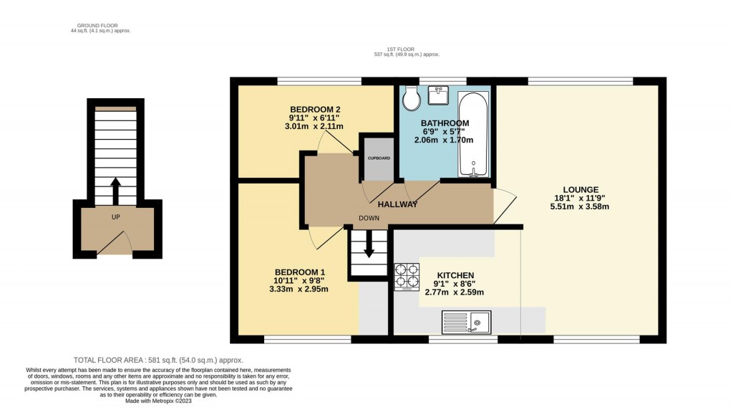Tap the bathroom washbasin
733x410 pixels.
438,95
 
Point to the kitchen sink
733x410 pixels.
466,323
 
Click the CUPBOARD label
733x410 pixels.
379,158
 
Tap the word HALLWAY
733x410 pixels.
397,204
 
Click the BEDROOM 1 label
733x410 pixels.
300,272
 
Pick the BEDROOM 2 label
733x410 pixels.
315,109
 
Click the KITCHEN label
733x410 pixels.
457,275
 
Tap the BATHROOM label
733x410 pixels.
445,123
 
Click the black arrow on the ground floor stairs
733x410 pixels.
115,191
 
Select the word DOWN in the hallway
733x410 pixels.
369,219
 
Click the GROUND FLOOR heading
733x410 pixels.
97,25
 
